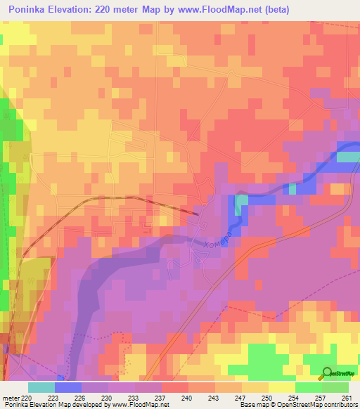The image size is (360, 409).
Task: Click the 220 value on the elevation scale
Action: (27, 398)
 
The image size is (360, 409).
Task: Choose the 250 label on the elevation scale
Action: (267, 398)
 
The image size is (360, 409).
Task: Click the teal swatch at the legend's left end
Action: (41, 387)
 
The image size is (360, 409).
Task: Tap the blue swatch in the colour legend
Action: (68, 387)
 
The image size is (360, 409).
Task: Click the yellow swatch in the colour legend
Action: (282, 387)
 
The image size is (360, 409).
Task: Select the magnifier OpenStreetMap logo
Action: (327, 373)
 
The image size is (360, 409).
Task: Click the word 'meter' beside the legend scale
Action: (11, 398)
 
